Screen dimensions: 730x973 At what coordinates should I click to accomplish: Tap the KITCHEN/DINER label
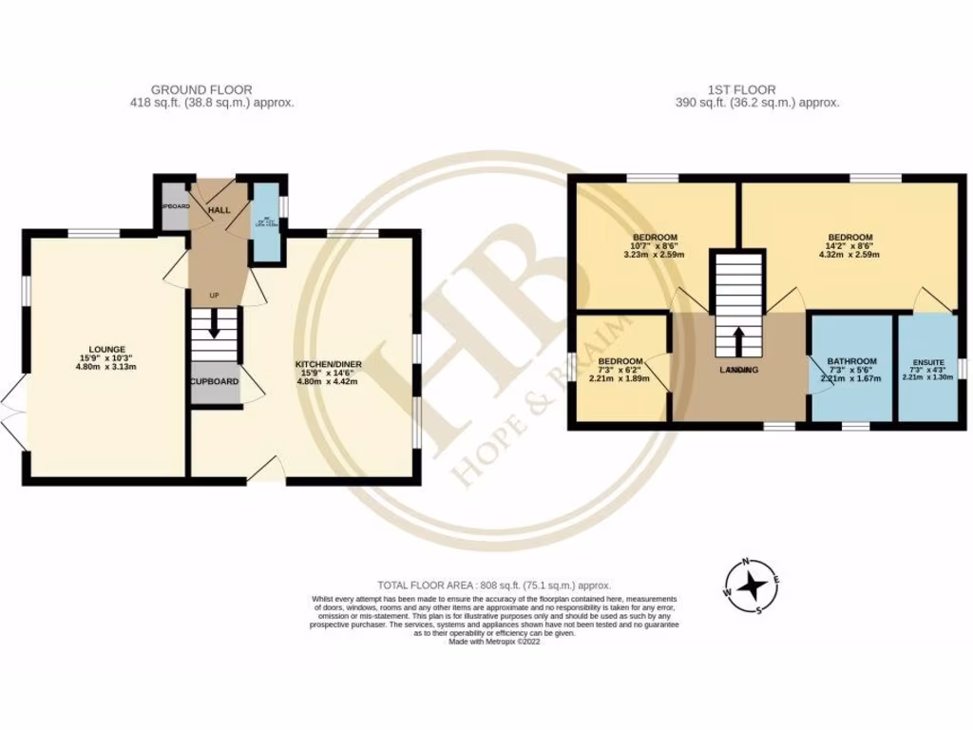click(x=328, y=364)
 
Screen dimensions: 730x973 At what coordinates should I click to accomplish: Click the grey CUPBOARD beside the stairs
click(x=214, y=382)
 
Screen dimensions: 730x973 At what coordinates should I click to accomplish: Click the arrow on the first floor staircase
click(x=738, y=337)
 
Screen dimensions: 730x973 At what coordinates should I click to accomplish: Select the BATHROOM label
click(x=850, y=361)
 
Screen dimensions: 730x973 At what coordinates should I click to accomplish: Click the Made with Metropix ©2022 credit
click(x=493, y=642)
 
